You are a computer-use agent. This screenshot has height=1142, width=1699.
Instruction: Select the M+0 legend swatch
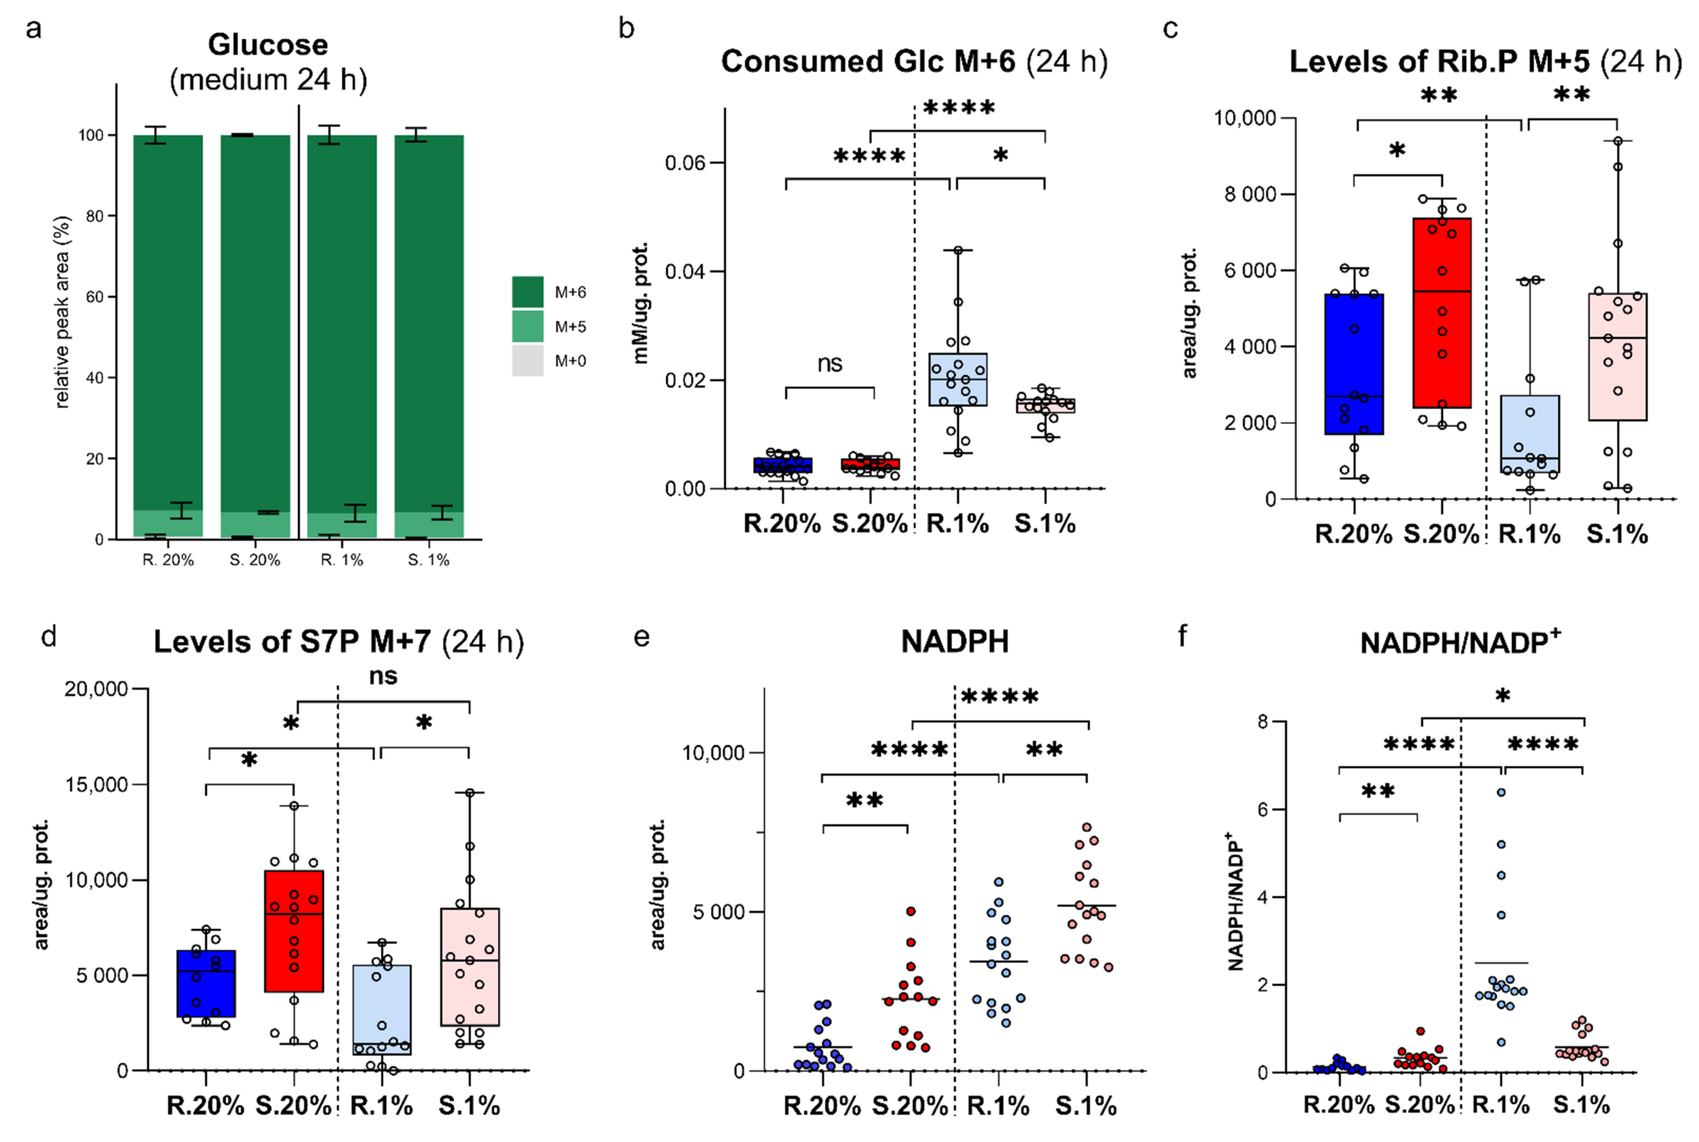527,360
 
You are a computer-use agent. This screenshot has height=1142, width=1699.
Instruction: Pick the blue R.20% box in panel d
206,983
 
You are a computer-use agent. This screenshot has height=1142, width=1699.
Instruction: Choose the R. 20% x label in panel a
168,560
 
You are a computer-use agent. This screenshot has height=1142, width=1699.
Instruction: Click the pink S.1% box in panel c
1617,357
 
